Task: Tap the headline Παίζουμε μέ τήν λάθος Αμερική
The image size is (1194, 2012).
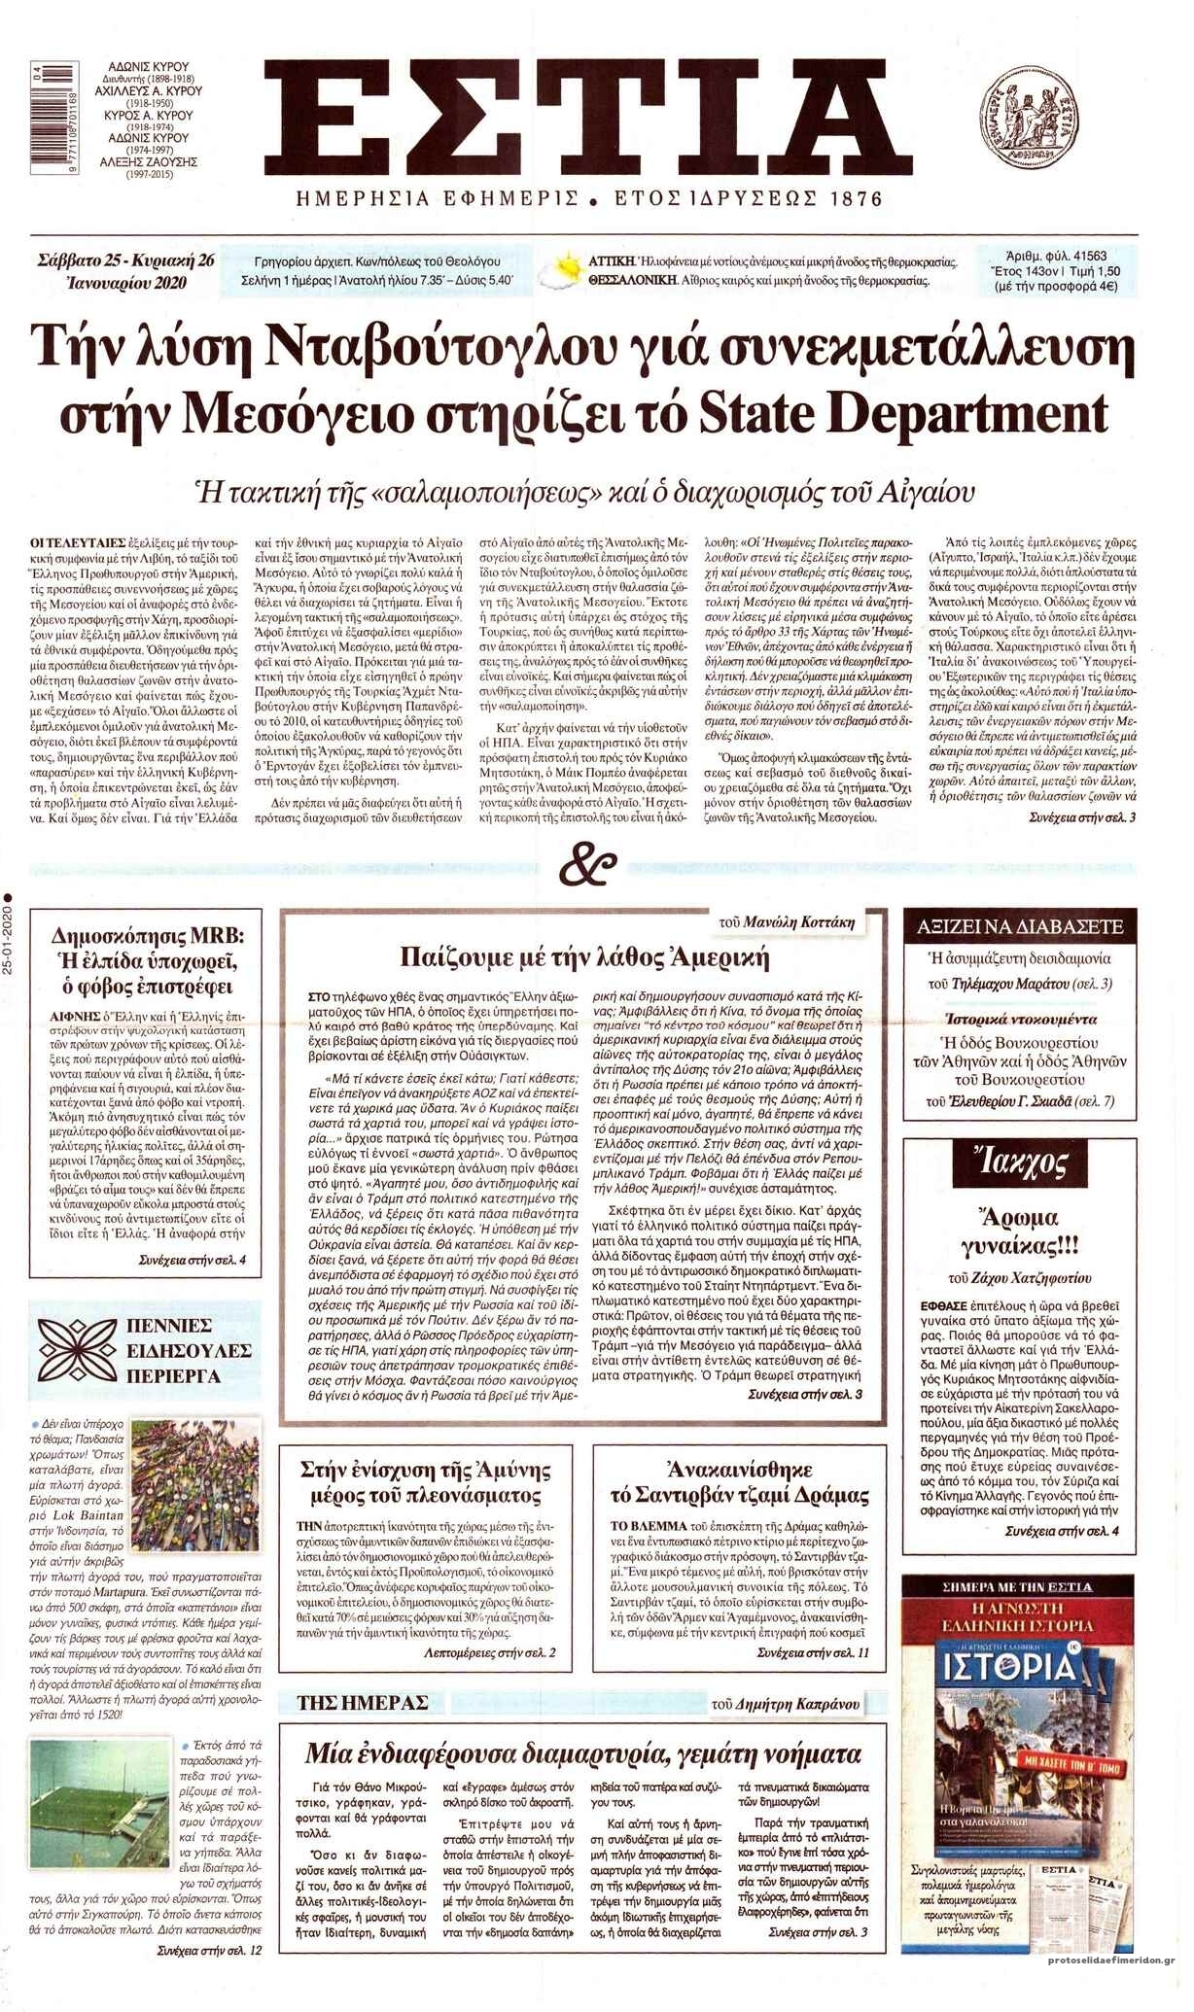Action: click(x=584, y=958)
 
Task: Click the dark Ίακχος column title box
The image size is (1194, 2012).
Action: click(x=1018, y=1163)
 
